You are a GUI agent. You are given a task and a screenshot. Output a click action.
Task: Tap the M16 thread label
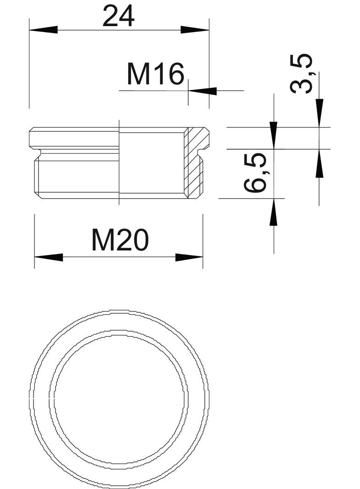(155, 75)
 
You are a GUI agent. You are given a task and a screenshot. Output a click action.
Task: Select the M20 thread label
(120, 240)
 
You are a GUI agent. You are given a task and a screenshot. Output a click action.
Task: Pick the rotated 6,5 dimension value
(256, 173)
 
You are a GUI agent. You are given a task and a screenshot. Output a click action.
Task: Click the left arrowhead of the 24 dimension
(43, 30)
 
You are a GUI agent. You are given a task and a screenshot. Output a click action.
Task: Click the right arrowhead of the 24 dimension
(195, 30)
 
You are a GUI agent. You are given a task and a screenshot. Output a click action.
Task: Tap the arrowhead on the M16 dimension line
(202, 91)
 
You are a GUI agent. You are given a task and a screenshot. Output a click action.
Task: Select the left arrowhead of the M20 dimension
(48, 257)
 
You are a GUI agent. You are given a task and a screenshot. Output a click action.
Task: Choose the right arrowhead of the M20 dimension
(189, 257)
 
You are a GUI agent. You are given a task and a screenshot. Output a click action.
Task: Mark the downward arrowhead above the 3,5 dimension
(319, 113)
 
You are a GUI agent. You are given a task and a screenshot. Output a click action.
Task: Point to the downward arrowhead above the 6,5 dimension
(274, 135)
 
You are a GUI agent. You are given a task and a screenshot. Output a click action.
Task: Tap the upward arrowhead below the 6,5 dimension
(274, 212)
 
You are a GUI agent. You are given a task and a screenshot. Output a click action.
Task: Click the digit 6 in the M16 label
(174, 75)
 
